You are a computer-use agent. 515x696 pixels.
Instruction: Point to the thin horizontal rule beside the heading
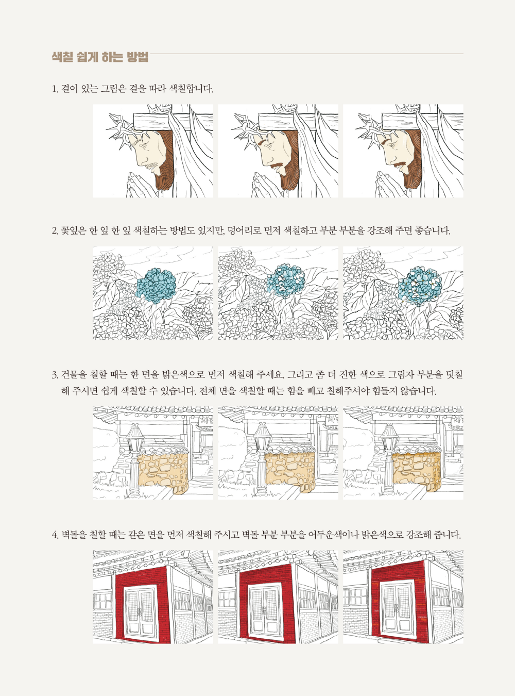(306, 54)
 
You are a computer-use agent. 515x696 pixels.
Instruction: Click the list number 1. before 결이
(55, 89)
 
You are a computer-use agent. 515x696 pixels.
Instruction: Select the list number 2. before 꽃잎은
(55, 231)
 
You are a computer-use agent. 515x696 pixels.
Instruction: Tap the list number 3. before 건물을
(55, 375)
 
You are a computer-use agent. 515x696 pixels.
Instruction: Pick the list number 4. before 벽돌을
(55, 535)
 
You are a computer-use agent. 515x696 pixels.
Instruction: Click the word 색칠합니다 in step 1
(191, 89)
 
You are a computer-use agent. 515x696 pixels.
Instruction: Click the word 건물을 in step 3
(73, 375)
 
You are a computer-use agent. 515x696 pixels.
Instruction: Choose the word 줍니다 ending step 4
(448, 535)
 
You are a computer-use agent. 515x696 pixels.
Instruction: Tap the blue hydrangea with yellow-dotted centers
(420, 286)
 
